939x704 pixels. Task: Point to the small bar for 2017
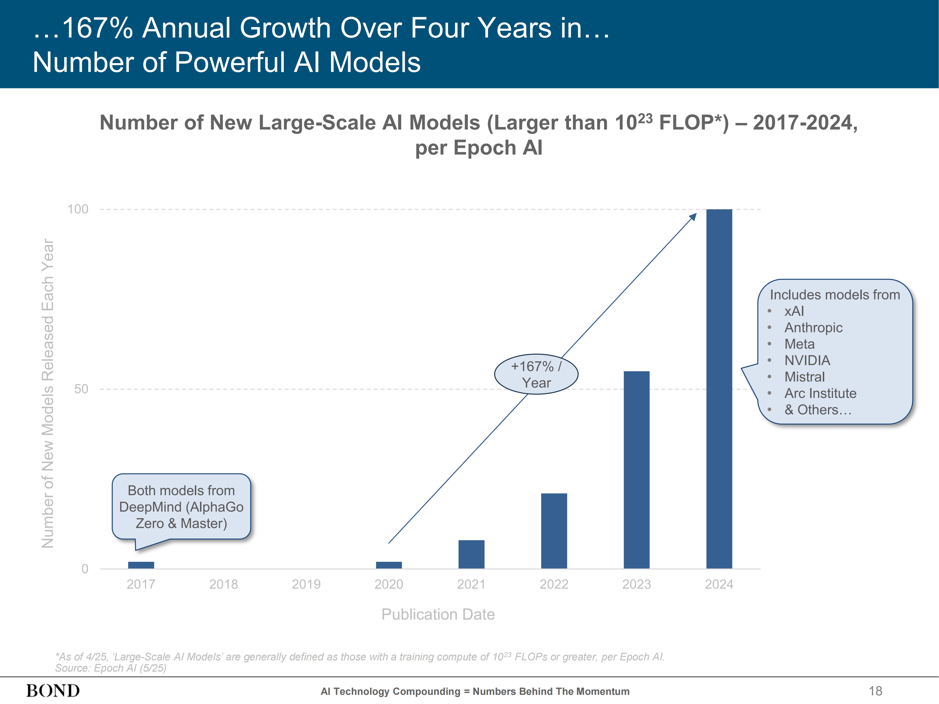(x=141, y=565)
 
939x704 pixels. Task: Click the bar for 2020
(x=389, y=565)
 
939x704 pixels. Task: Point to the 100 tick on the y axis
(x=78, y=209)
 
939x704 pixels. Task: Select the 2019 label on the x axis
(x=306, y=584)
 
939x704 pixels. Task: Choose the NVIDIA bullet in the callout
(x=807, y=360)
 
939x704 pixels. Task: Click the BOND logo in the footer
(x=53, y=691)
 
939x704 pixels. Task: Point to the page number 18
(x=875, y=691)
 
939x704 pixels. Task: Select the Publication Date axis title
(x=438, y=614)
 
